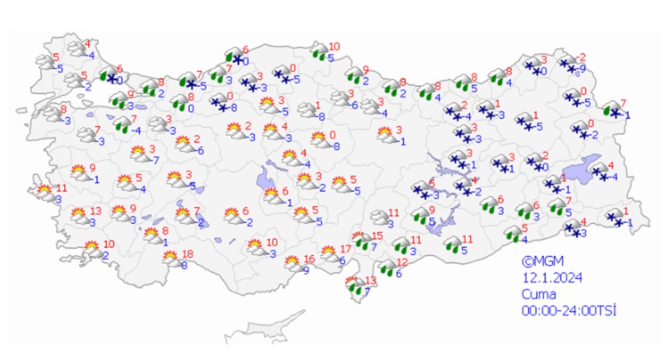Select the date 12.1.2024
pyautogui.click(x=545, y=278)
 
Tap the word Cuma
pyautogui.click(x=538, y=294)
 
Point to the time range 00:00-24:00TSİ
pyautogui.click(x=568, y=310)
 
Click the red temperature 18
pyautogui.click(x=188, y=253)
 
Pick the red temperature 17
pyautogui.click(x=345, y=248)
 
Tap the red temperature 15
pyautogui.click(x=377, y=236)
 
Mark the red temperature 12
pyautogui.click(x=402, y=262)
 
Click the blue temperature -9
pyautogui.click(x=583, y=67)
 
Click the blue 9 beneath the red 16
pyautogui.click(x=306, y=271)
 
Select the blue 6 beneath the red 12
pyautogui.click(x=399, y=273)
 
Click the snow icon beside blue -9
pyautogui.click(x=568, y=64)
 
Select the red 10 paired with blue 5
pyautogui.click(x=334, y=47)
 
